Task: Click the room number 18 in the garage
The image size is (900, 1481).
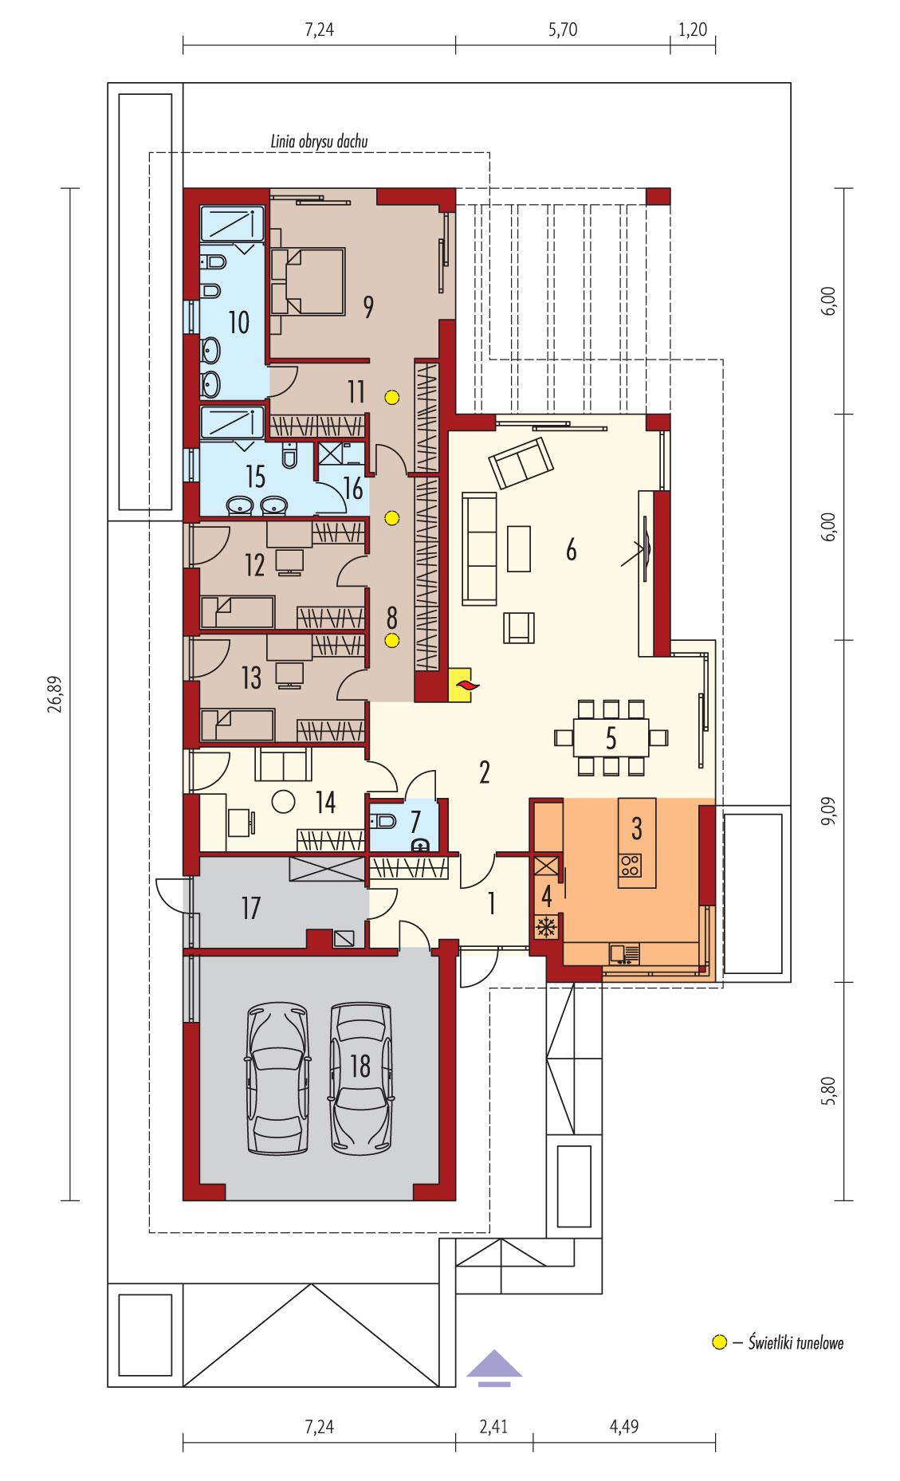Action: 360,1066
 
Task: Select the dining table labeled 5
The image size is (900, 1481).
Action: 610,737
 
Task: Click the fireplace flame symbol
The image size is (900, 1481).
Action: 463,685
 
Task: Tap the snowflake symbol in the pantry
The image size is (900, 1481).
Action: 547,927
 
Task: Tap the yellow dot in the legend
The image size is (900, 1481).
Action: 718,1342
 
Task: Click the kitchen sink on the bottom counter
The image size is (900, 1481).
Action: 623,953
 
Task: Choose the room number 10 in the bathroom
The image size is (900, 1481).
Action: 238,322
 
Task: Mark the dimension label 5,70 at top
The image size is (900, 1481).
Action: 562,30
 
